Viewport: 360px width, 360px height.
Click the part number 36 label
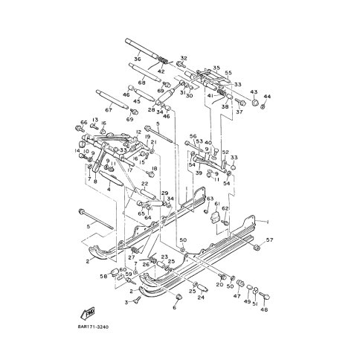pyautogui.click(x=138, y=60)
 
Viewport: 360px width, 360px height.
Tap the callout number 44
pyautogui.click(x=268, y=97)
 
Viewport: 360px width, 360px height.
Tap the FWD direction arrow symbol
pyautogui.click(x=89, y=312)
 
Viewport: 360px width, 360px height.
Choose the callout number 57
pyautogui.click(x=270, y=240)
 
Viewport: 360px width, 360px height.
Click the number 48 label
pyautogui.click(x=263, y=309)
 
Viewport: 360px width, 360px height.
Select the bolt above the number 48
pyautogui.click(x=264, y=295)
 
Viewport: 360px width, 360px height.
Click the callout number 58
pyautogui.click(x=102, y=276)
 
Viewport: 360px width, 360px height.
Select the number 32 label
pyautogui.click(x=184, y=58)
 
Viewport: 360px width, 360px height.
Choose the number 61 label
pyautogui.click(x=217, y=203)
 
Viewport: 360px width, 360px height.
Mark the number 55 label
pyautogui.click(x=228, y=73)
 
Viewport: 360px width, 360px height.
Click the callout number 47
pyautogui.click(x=237, y=296)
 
